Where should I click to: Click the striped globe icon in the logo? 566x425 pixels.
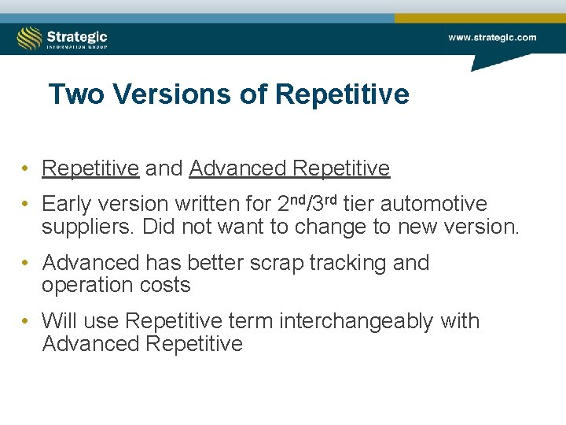coord(29,38)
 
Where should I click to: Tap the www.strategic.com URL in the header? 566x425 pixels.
coord(492,37)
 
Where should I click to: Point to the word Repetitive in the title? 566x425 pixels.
coord(342,94)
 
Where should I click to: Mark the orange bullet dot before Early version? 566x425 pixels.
coord(26,205)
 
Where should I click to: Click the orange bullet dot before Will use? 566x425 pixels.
coord(26,322)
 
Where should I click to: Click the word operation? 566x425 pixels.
coord(83,285)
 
